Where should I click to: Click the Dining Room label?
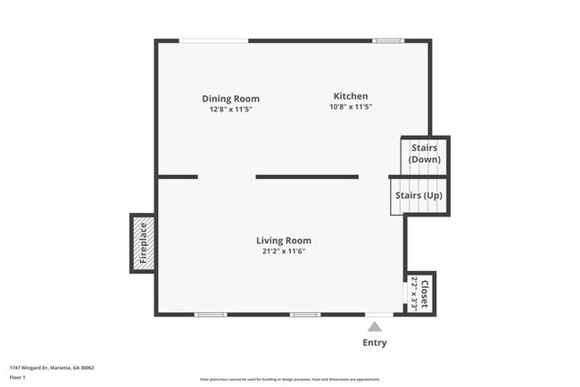coord(230,98)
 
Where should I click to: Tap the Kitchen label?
coord(351,96)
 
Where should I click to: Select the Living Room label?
coord(284,240)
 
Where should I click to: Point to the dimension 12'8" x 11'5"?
coord(230,109)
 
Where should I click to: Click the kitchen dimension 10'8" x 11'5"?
coord(351,107)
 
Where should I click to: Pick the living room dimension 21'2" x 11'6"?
coord(284,251)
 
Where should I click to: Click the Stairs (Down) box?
coord(425,153)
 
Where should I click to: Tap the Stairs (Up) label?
coord(419,195)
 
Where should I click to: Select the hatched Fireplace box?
coord(142,243)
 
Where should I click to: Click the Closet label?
coord(426,293)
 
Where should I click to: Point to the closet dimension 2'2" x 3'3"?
coord(415,292)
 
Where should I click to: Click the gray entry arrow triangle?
coord(375,326)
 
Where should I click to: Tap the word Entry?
coord(375,343)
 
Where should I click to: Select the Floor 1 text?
coord(19,378)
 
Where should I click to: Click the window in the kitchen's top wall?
coord(387,40)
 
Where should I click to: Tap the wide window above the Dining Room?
coord(213,40)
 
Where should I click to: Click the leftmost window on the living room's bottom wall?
coord(211,315)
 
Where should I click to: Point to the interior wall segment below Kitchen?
coord(307,177)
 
